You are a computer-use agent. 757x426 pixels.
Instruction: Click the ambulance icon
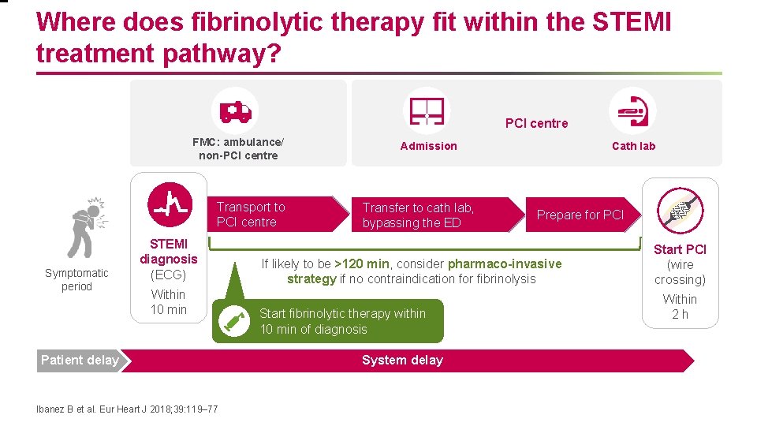tap(235, 111)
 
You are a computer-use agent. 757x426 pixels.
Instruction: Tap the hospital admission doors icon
tap(427, 110)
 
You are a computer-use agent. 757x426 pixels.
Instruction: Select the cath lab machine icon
tap(632, 110)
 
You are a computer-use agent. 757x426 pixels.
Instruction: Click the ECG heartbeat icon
tap(170, 204)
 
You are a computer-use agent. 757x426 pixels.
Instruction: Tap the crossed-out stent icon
tap(680, 209)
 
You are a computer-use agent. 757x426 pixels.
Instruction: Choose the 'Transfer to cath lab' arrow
tap(426, 215)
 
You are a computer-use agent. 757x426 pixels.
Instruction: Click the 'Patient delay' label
tap(80, 361)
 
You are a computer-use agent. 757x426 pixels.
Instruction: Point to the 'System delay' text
tap(402, 361)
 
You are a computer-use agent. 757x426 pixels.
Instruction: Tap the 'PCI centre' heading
tap(536, 123)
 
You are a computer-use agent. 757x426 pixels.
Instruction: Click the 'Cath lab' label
tap(633, 146)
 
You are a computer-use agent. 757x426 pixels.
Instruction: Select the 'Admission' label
tap(428, 146)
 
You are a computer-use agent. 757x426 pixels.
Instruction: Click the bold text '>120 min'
tap(361, 263)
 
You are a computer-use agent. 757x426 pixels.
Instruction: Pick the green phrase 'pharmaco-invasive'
tap(505, 263)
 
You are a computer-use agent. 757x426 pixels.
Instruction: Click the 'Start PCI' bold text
tap(680, 249)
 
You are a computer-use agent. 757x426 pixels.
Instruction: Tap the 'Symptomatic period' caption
tap(76, 280)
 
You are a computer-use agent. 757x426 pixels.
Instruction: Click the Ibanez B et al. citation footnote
tap(128, 409)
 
